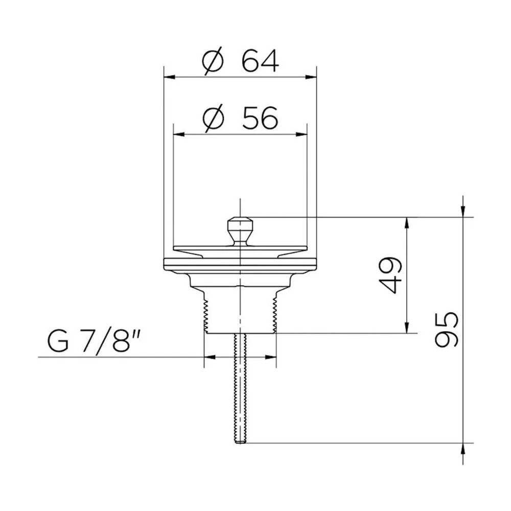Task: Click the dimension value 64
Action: [x=260, y=61]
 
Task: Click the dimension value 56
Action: [x=260, y=118]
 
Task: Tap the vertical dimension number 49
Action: [x=391, y=275]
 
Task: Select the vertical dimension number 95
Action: [x=447, y=330]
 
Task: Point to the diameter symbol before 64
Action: [x=213, y=61]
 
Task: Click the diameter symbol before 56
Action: [x=214, y=118]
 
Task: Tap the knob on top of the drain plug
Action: [x=240, y=231]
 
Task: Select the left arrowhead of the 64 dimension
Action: [x=170, y=77]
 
